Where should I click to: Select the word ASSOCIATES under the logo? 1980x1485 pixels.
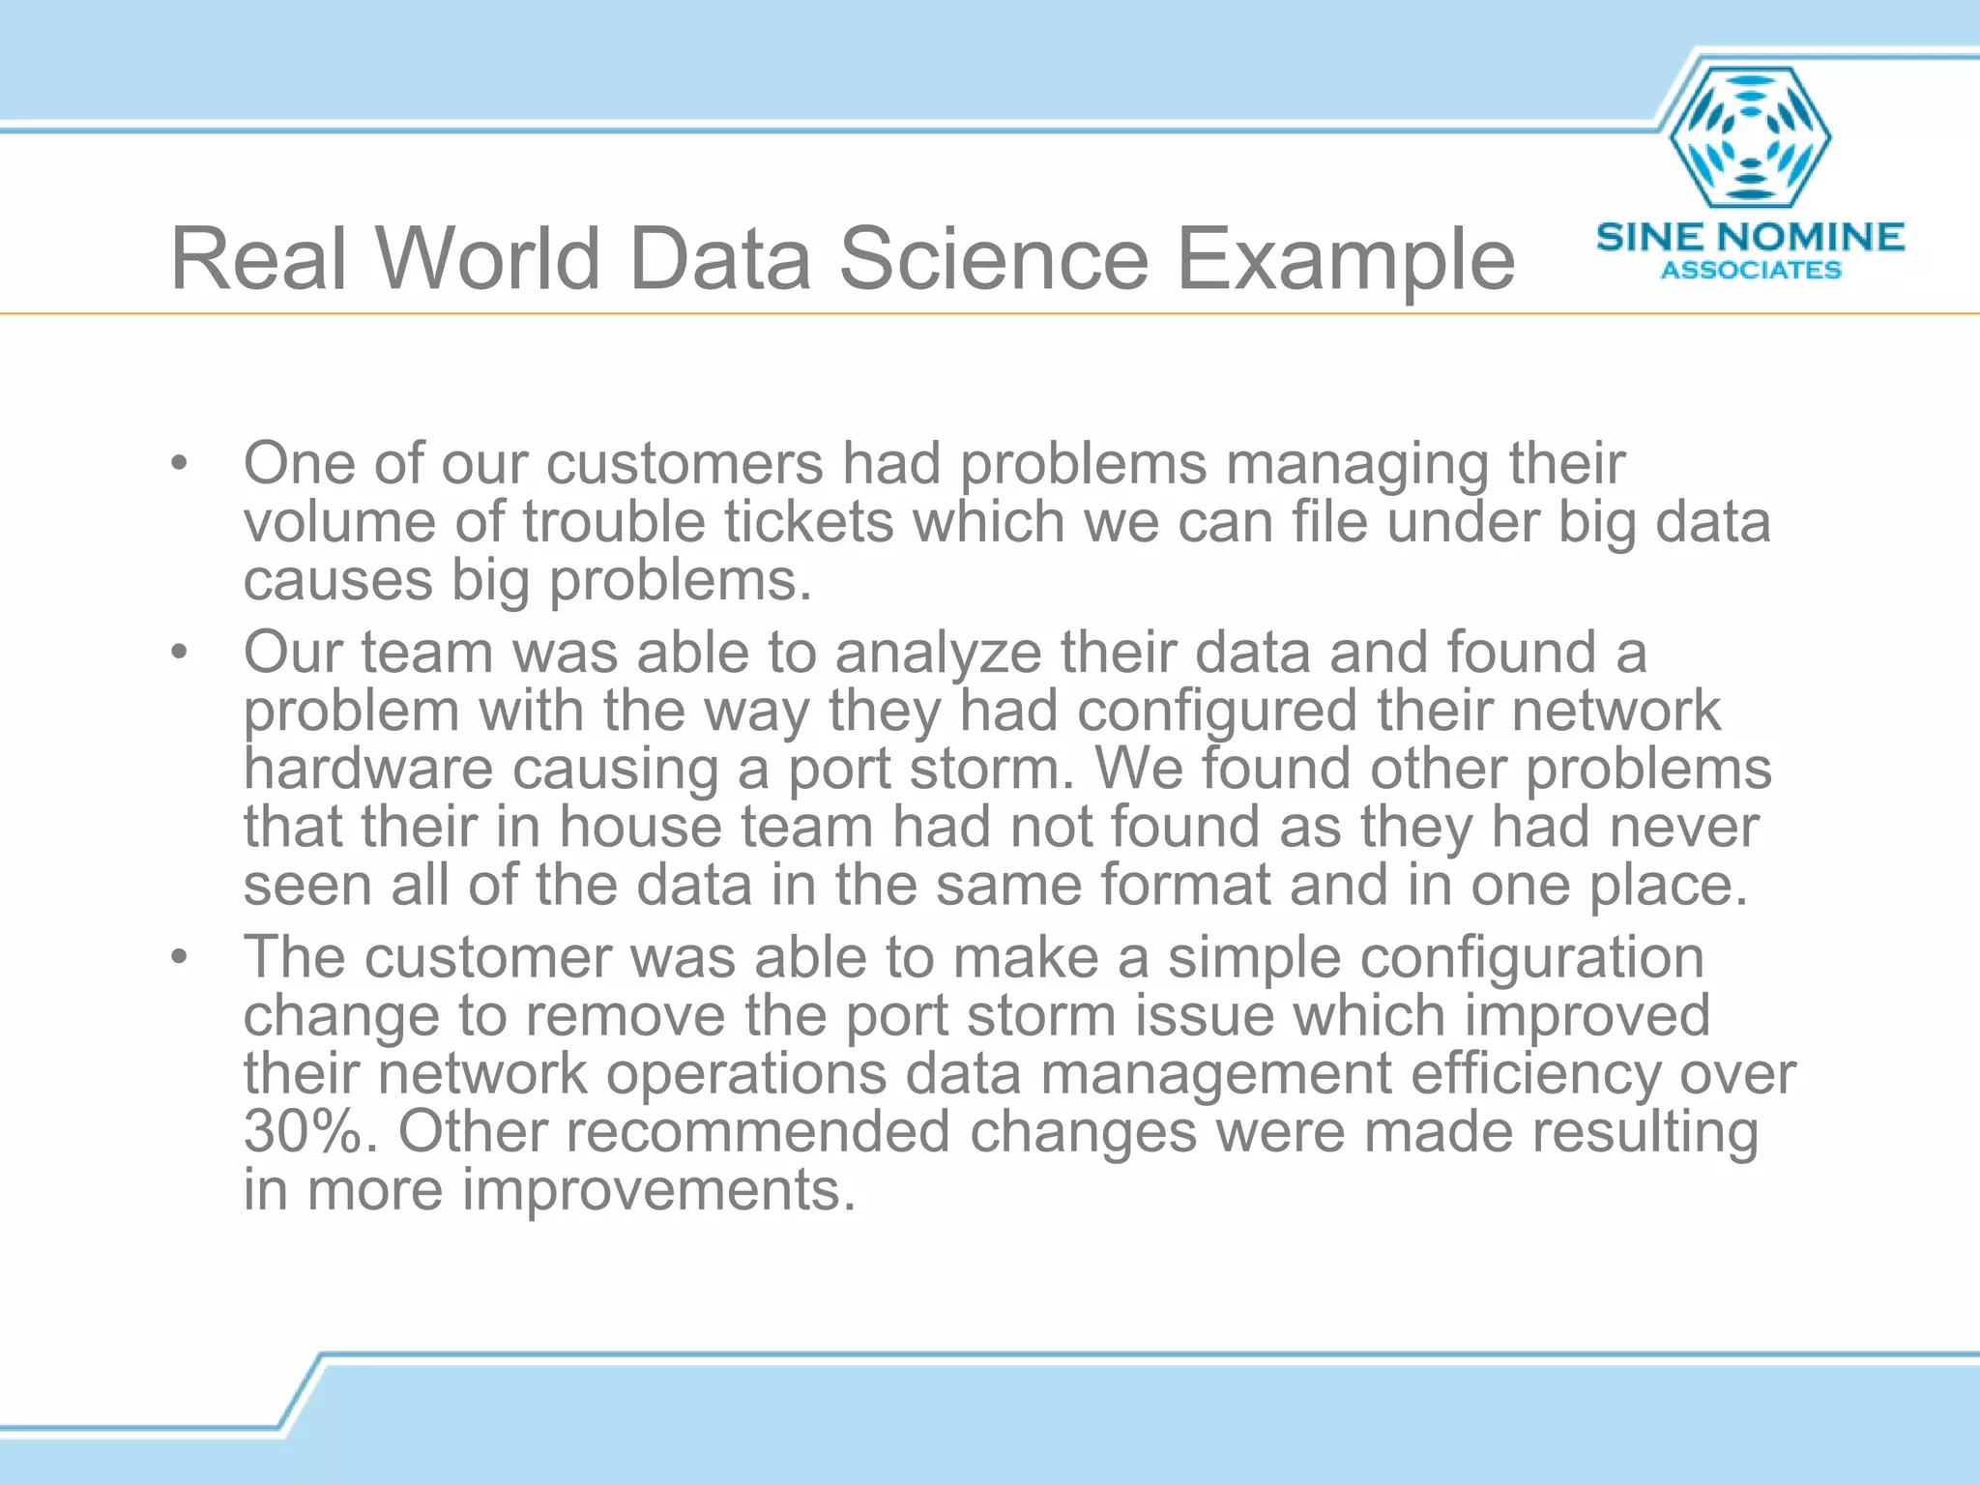click(x=1751, y=271)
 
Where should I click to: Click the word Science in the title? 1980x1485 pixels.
click(x=993, y=259)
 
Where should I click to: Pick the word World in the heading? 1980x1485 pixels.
click(x=488, y=259)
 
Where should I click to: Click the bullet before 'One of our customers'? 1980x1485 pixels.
click(x=178, y=464)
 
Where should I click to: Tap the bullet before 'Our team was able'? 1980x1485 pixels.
click(x=178, y=653)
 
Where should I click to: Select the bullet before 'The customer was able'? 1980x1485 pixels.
click(x=178, y=958)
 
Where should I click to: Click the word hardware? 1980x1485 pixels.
click(x=368, y=770)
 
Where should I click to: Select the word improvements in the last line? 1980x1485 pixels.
click(x=658, y=1191)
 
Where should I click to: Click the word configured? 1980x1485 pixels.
click(x=1217, y=713)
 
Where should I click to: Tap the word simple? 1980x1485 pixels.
click(x=1254, y=958)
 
